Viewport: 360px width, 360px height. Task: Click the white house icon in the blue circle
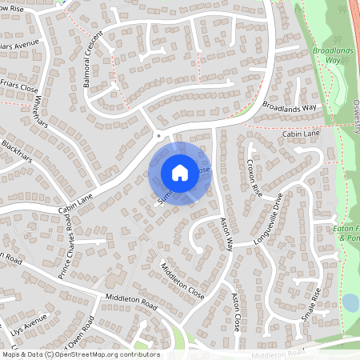coord(179,172)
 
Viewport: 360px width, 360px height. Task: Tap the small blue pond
coord(350,303)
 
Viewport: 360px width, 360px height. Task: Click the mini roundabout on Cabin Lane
coord(158,137)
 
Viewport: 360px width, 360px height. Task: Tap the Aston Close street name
coord(236,312)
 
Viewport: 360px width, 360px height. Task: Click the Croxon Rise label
coord(254,178)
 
